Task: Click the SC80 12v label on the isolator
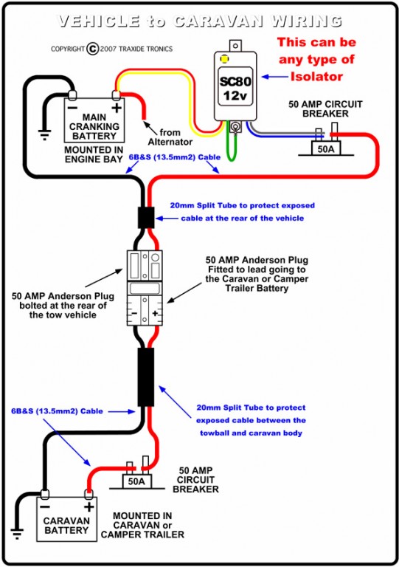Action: [235, 88]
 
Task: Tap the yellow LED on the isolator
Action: [224, 58]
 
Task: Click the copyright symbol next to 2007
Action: [92, 49]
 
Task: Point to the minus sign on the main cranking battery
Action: [72, 108]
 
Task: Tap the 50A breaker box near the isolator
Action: [326, 148]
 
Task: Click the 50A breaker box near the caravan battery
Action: [136, 481]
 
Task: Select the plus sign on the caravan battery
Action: [89, 506]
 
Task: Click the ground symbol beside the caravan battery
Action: [17, 533]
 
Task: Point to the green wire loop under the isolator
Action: [232, 148]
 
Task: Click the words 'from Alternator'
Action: [170, 137]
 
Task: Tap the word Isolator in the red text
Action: [316, 76]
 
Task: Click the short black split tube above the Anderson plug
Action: [146, 217]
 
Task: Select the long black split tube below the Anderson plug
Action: [146, 377]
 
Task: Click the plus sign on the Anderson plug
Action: [156, 313]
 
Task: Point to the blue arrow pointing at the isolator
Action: [275, 77]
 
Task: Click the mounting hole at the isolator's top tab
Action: [235, 46]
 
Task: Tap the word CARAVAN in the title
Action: [218, 21]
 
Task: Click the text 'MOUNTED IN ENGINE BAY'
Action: [94, 154]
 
